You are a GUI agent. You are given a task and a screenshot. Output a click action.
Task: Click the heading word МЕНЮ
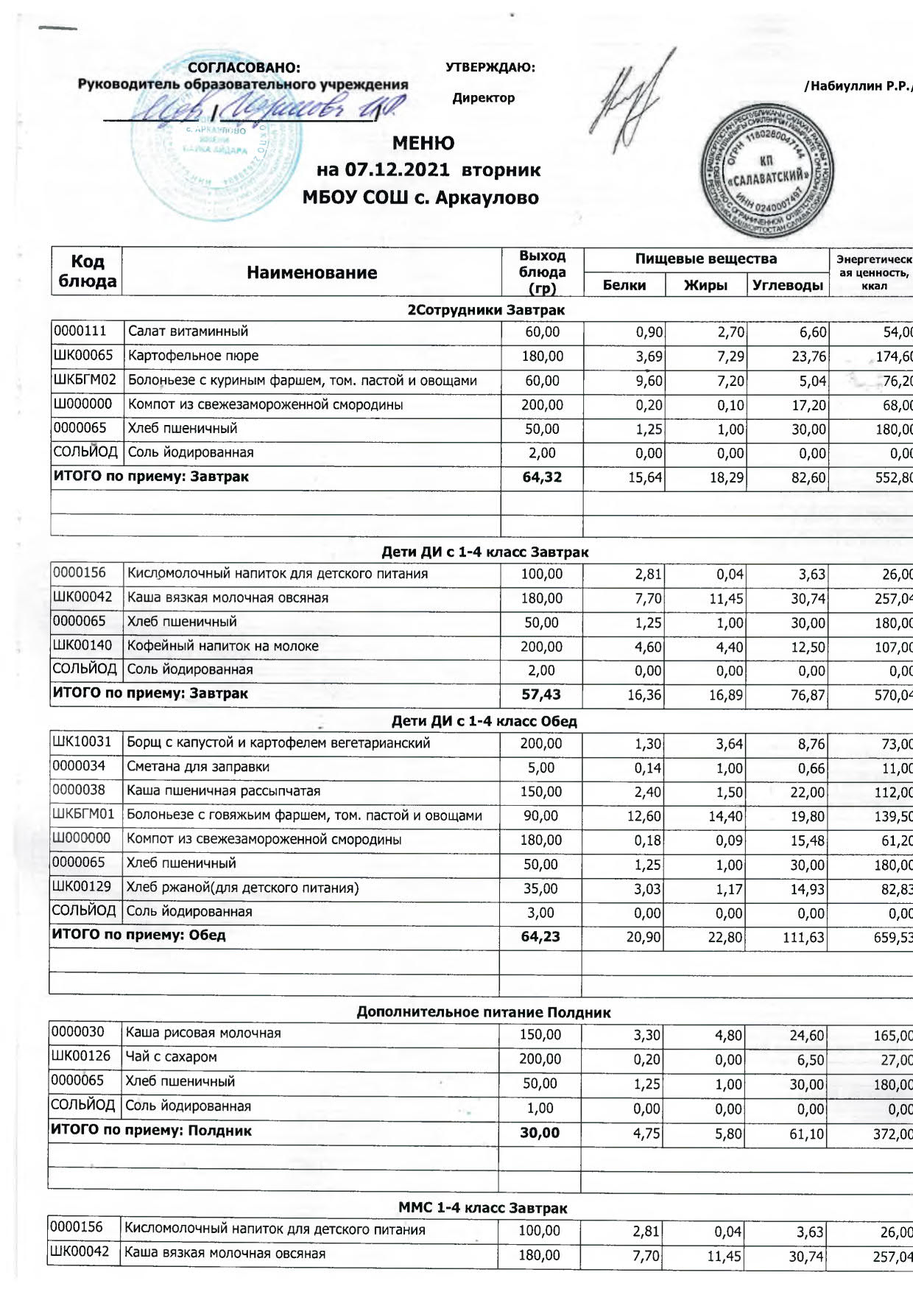point(423,143)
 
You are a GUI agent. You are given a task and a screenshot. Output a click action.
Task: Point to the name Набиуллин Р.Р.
point(859,86)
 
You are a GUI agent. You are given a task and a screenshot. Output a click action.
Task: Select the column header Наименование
point(311,273)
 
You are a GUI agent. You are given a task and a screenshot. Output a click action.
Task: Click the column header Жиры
point(705,285)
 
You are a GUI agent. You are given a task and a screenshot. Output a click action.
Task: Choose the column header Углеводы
point(787,285)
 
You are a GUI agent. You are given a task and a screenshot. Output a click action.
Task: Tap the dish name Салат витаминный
point(188,331)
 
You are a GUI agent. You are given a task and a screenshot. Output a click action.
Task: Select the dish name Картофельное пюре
point(193,356)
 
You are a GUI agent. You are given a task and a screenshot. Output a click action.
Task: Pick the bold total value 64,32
point(542,477)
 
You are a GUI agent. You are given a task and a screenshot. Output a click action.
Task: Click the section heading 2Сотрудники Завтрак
point(486,310)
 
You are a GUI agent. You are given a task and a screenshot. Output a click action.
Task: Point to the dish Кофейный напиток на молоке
point(222,646)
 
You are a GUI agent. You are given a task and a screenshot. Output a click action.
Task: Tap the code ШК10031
point(82,742)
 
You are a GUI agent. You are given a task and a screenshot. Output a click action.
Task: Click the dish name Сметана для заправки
point(198,767)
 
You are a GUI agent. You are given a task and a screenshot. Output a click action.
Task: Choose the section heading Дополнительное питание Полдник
point(483,1012)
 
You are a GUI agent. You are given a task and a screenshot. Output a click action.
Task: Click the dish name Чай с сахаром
point(171,1057)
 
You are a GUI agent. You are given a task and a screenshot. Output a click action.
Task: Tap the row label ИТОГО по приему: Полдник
point(152,1131)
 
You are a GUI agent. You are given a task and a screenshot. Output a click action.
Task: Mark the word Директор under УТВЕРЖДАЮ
point(483,98)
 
